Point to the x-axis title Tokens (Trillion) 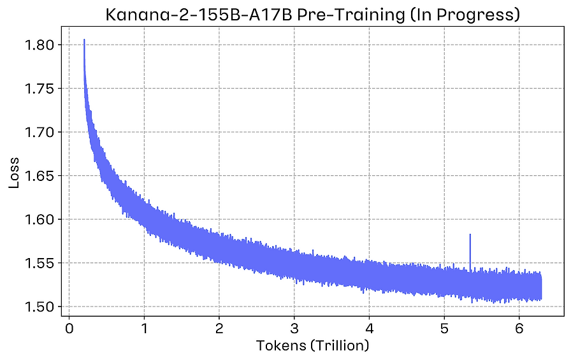[x=312, y=346]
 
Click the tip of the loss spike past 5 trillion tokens [x=470, y=235]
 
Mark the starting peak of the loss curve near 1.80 [x=84, y=40]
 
